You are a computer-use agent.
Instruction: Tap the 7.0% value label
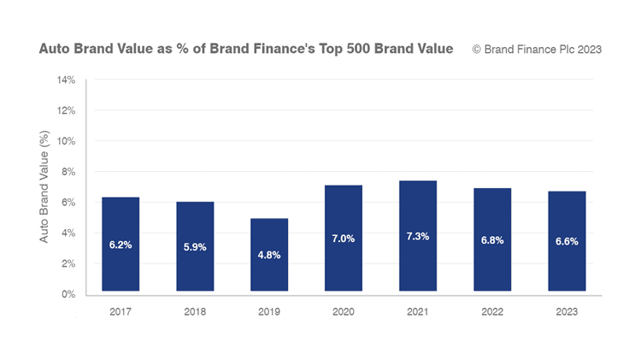[x=344, y=239]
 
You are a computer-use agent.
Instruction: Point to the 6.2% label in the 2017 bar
[x=121, y=245]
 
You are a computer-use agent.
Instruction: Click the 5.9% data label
[x=195, y=247]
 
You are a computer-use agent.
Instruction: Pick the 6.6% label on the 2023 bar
[x=567, y=241]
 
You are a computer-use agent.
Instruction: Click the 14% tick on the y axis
[x=66, y=80]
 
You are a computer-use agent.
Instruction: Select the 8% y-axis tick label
[x=68, y=172]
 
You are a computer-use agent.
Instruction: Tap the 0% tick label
[x=68, y=294]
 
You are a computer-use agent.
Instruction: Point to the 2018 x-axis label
[x=195, y=312]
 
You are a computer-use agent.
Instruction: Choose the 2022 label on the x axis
[x=492, y=312]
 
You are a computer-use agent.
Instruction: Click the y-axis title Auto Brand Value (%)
[x=44, y=186]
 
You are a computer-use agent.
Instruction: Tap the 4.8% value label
[x=269, y=254]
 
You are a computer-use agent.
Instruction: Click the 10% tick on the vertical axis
[x=66, y=141]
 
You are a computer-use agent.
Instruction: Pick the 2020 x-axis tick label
[x=344, y=312]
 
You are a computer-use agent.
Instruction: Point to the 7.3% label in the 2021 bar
[x=418, y=236]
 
